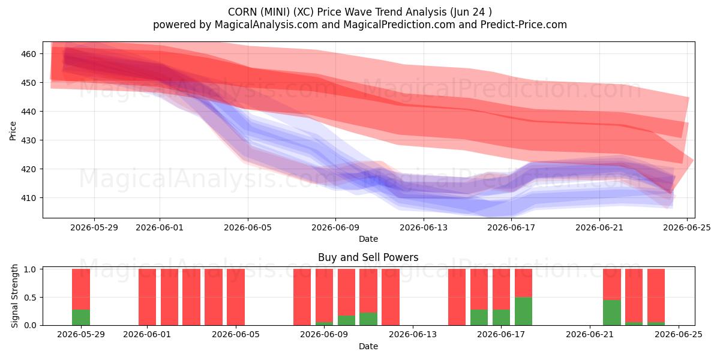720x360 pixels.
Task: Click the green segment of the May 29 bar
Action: pyautogui.click(x=81, y=317)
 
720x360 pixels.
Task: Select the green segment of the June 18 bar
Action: pyautogui.click(x=523, y=311)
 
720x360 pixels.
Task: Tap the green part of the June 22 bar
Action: pyautogui.click(x=612, y=313)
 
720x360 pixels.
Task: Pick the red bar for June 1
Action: pyautogui.click(x=147, y=297)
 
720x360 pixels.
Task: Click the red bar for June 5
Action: pyautogui.click(x=236, y=297)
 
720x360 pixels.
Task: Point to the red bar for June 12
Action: pyautogui.click(x=391, y=297)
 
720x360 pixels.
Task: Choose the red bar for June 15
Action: pyautogui.click(x=457, y=297)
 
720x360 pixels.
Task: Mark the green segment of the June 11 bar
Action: pyautogui.click(x=368, y=319)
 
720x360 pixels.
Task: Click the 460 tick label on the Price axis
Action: pyautogui.click(x=28, y=54)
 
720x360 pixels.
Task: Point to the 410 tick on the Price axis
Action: pyautogui.click(x=28, y=198)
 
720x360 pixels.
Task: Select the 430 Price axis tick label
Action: pyautogui.click(x=28, y=140)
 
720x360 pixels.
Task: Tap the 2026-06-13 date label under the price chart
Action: pyautogui.click(x=424, y=227)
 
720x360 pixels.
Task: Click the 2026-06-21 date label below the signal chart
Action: pyautogui.click(x=590, y=335)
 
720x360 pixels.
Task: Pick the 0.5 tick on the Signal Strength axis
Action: pyautogui.click(x=31, y=298)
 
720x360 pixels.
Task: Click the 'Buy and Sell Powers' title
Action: pyautogui.click(x=368, y=257)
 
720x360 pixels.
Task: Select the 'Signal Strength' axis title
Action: pyautogui.click(x=14, y=296)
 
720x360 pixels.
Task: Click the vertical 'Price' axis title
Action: pyautogui.click(x=13, y=131)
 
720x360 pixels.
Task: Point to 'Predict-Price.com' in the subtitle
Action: pyautogui.click(x=524, y=25)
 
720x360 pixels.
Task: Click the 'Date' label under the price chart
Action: pyautogui.click(x=368, y=239)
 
